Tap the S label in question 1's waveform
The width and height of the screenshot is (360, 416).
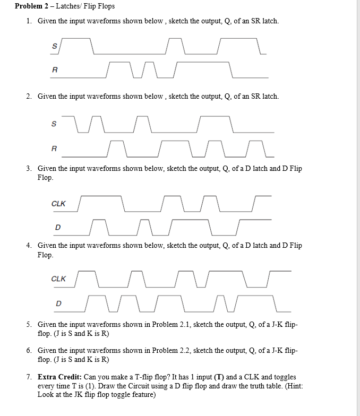[x=54, y=46]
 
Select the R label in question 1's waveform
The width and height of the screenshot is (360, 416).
[x=55, y=70]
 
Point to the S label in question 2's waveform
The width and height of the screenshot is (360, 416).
[x=54, y=124]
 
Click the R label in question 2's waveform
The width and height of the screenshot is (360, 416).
[x=54, y=149]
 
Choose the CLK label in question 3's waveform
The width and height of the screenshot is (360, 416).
[x=58, y=204]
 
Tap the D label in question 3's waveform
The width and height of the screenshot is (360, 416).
[x=58, y=227]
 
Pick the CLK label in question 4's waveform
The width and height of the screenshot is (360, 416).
[x=58, y=279]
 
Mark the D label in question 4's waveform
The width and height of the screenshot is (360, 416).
[x=58, y=304]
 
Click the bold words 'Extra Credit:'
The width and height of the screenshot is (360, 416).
[x=59, y=377]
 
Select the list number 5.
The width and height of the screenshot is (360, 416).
[x=29, y=325]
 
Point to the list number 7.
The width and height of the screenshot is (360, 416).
[x=29, y=377]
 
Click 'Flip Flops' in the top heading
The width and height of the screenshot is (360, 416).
[x=99, y=6]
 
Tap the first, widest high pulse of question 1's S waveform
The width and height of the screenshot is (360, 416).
[x=76, y=39]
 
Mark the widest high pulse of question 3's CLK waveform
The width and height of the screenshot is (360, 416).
[x=101, y=196]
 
